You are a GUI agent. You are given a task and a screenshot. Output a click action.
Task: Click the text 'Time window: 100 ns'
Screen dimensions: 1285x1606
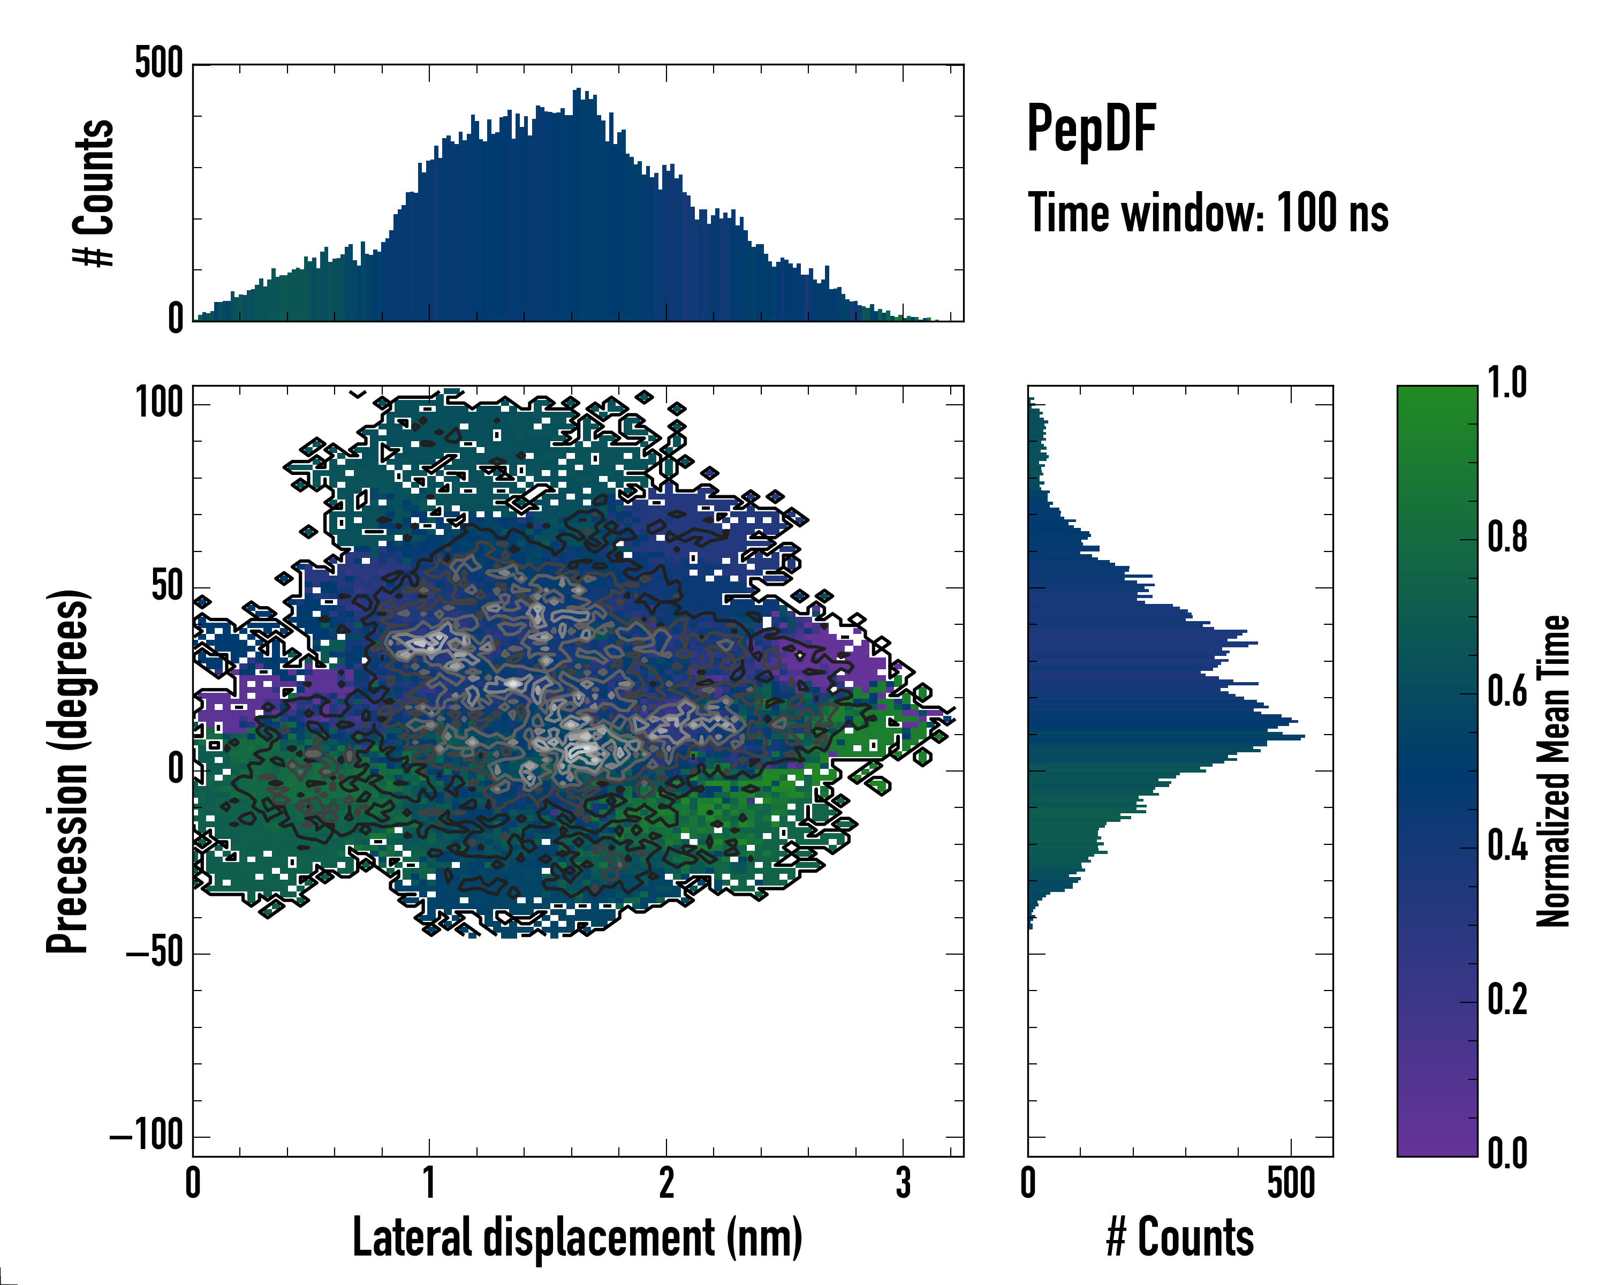(x=1208, y=213)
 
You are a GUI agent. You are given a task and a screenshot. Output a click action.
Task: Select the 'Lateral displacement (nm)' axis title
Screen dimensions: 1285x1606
(x=577, y=1237)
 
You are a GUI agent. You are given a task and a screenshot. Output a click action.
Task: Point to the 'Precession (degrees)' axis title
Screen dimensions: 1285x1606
(x=69, y=771)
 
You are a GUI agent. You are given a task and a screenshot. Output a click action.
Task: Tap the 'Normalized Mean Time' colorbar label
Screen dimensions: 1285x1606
(x=1553, y=771)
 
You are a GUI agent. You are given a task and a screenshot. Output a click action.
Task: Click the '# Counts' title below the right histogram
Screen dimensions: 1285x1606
(x=1179, y=1237)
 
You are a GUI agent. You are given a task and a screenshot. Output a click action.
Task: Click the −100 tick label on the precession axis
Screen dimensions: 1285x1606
(x=147, y=1136)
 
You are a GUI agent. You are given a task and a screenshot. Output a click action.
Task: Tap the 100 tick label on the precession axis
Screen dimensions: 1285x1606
(x=158, y=404)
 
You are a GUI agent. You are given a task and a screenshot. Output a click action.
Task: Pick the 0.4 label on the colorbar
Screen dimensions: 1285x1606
(x=1507, y=846)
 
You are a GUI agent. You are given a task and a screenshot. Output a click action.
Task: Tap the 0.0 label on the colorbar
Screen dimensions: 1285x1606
(x=1507, y=1153)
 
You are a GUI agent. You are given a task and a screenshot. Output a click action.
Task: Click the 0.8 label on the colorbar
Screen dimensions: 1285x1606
(x=1507, y=538)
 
